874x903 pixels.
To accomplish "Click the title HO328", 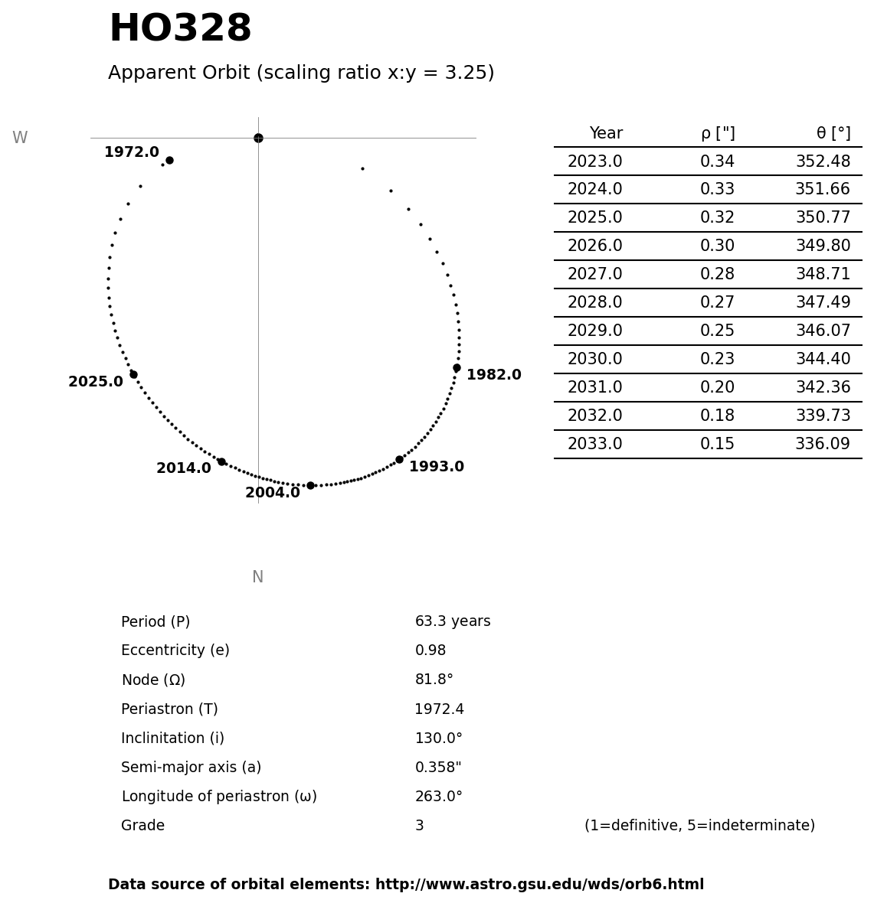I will click(x=180, y=29).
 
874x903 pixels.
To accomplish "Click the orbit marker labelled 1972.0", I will click(x=169, y=160).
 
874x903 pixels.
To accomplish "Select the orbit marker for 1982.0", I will click(x=457, y=367).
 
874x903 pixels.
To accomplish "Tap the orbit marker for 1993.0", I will click(x=399, y=459).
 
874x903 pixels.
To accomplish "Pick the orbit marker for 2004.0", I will click(x=310, y=485).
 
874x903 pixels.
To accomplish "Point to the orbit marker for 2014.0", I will click(x=221, y=461).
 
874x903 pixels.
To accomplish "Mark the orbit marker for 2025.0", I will click(x=133, y=374).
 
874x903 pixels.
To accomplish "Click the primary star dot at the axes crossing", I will click(x=258, y=138).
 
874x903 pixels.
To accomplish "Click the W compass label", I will click(x=20, y=138).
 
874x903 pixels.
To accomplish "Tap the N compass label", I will click(x=257, y=577).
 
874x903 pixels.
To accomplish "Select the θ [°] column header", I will click(x=833, y=133).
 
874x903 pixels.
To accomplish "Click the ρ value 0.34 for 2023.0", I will click(x=717, y=161).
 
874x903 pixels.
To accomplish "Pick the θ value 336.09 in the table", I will click(x=822, y=444).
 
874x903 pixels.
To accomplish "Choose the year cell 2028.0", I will click(x=594, y=302).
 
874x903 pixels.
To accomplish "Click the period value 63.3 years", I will click(x=452, y=621).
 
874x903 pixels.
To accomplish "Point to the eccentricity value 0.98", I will click(x=430, y=650).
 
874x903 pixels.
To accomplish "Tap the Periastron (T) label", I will click(x=169, y=709).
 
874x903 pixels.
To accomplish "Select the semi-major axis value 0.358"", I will click(x=437, y=768).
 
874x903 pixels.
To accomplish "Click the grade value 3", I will click(x=419, y=826).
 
